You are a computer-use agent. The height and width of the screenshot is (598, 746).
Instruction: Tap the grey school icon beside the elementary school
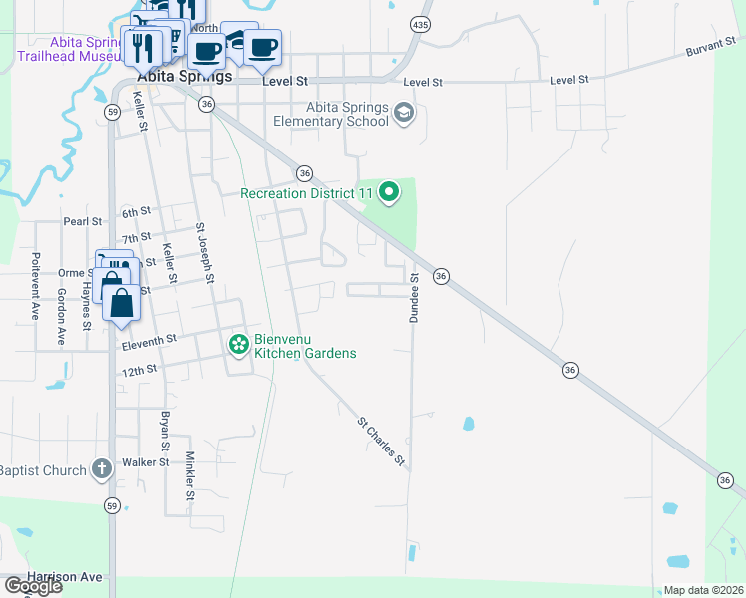click(x=404, y=112)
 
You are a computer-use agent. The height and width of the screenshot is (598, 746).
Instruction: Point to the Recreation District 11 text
click(x=306, y=192)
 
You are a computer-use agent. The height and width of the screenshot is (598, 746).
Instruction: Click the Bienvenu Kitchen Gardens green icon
click(x=238, y=345)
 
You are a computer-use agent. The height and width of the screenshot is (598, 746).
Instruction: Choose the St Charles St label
click(x=382, y=443)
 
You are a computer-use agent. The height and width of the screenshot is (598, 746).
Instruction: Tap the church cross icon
click(x=101, y=468)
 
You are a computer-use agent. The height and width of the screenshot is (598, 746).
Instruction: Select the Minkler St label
click(x=190, y=475)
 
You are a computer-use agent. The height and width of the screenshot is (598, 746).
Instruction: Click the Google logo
click(x=32, y=586)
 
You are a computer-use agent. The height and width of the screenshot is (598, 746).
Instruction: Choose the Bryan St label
click(x=163, y=430)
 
